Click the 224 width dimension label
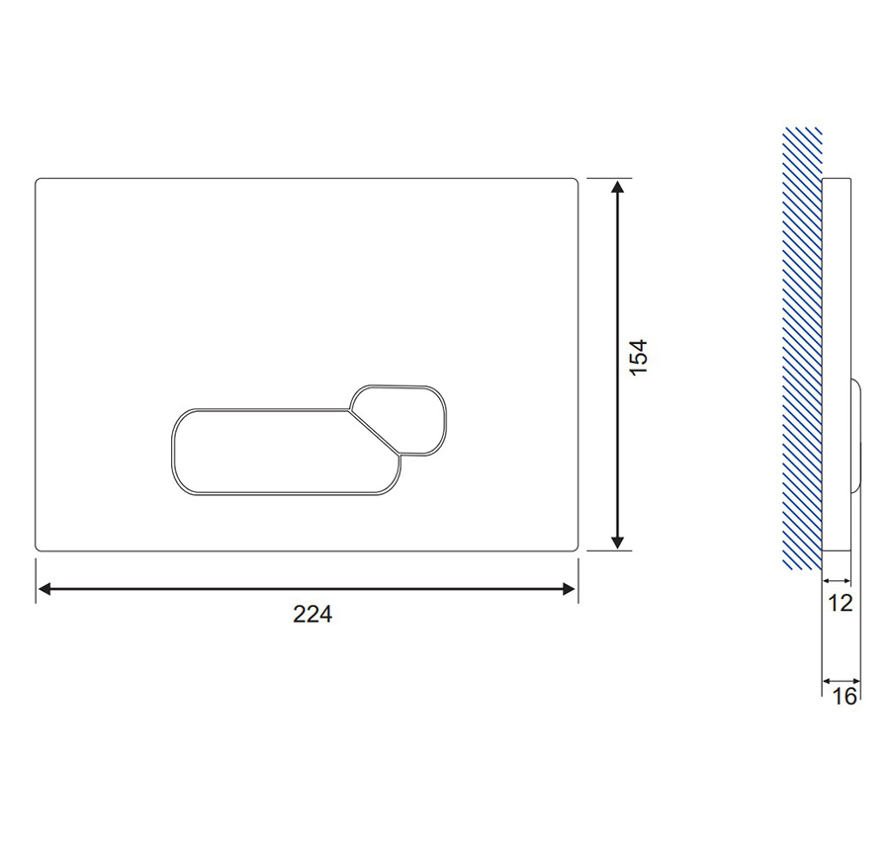pos(312,614)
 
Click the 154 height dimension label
pos(639,357)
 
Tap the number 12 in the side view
pos(840,603)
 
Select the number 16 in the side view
pos(845,696)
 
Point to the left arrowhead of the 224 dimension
pos(44,589)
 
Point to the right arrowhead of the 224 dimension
pos(569,589)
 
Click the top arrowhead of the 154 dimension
pos(617,187)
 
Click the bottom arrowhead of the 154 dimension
pos(617,543)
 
